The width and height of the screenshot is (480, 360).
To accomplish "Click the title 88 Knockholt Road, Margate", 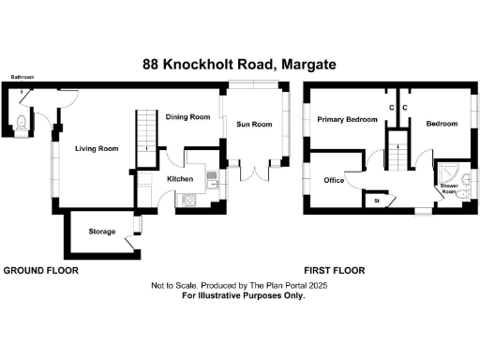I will (x=239, y=65).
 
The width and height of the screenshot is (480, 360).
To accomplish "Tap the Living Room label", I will (x=97, y=148).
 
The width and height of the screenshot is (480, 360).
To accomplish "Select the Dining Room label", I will (x=187, y=117).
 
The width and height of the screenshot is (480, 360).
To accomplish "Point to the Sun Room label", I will (x=253, y=125).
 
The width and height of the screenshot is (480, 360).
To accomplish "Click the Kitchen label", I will (x=180, y=178).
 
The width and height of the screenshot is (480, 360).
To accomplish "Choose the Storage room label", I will (x=102, y=232).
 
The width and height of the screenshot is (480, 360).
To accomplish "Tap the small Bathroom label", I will (x=22, y=77).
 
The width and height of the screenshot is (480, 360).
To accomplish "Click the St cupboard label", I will (x=377, y=201).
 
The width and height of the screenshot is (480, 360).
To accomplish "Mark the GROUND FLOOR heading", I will (x=40, y=270).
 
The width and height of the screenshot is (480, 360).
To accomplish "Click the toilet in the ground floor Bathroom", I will (x=22, y=119).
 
